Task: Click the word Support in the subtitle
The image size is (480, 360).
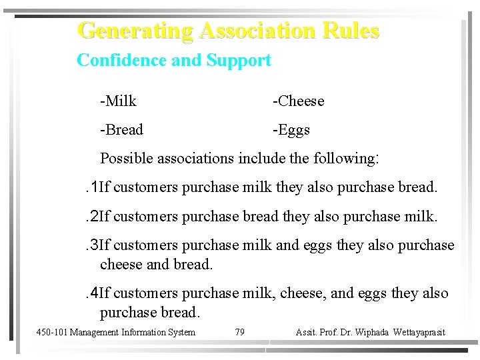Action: (x=239, y=61)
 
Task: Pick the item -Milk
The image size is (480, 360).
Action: (x=119, y=101)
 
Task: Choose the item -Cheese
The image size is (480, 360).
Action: (x=299, y=101)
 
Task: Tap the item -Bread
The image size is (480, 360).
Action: (x=121, y=129)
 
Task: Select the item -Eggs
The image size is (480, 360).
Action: (x=291, y=129)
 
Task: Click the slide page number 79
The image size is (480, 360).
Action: (x=240, y=332)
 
